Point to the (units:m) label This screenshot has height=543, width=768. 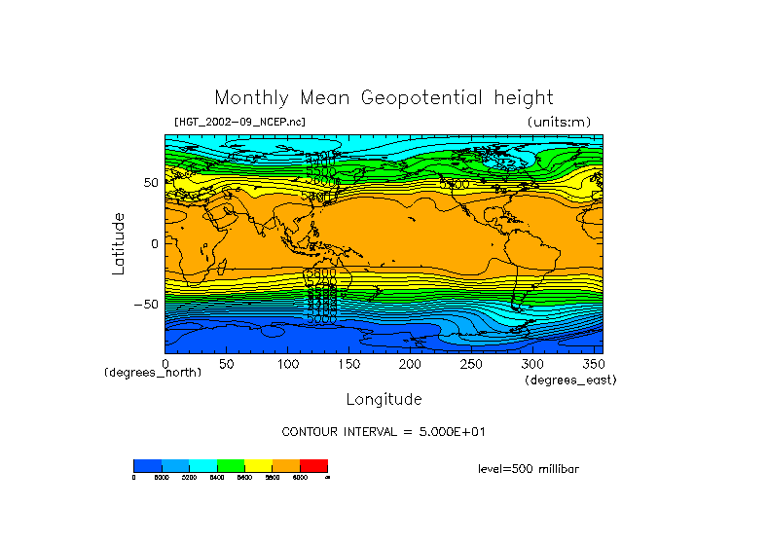pyautogui.click(x=558, y=122)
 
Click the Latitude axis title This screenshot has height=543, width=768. pyautogui.click(x=118, y=243)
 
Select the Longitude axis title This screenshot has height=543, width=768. pyautogui.click(x=384, y=399)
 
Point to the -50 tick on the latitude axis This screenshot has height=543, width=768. pyautogui.click(x=145, y=304)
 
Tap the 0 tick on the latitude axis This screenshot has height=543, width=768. pyautogui.click(x=154, y=243)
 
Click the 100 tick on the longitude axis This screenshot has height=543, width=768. pyautogui.click(x=287, y=363)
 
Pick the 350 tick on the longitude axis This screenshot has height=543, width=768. pyautogui.click(x=591, y=363)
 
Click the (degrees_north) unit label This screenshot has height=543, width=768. pyautogui.click(x=153, y=373)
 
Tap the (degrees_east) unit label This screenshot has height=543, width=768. pyautogui.click(x=570, y=380)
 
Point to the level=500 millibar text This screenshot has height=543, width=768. pyautogui.click(x=529, y=469)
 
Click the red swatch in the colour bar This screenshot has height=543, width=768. pyautogui.click(x=313, y=466)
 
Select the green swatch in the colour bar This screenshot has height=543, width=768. pyautogui.click(x=231, y=466)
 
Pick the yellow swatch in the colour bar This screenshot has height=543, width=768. pyautogui.click(x=258, y=466)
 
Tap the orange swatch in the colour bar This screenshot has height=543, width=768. pyautogui.click(x=286, y=466)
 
